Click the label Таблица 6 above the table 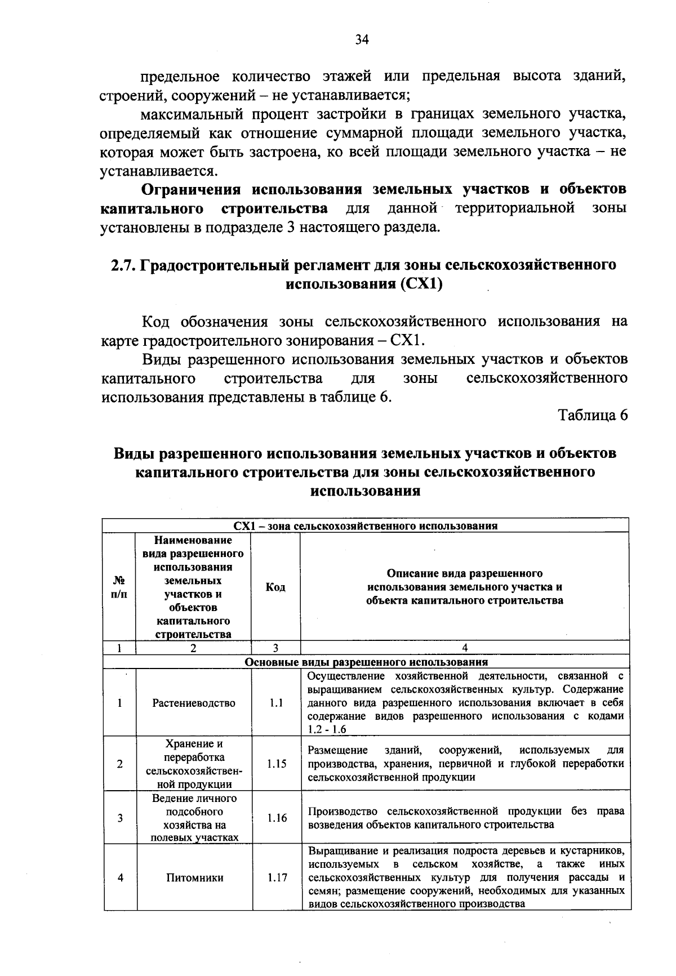coord(592,416)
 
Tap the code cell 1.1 coord(275,703)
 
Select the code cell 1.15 coord(277,764)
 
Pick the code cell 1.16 coord(277,818)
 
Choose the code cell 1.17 coord(277,877)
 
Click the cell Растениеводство coord(194,703)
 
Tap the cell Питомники coord(194,877)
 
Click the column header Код coord(275,587)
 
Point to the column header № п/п coord(119,587)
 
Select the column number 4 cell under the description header coord(464,648)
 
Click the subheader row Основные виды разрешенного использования coord(366,662)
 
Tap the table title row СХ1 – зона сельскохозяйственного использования coord(366,526)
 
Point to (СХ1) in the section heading coord(421,283)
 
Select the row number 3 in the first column coord(120,818)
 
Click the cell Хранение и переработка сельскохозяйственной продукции coord(194,764)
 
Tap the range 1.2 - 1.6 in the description coord(327,729)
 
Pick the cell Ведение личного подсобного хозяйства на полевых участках coord(194,818)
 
